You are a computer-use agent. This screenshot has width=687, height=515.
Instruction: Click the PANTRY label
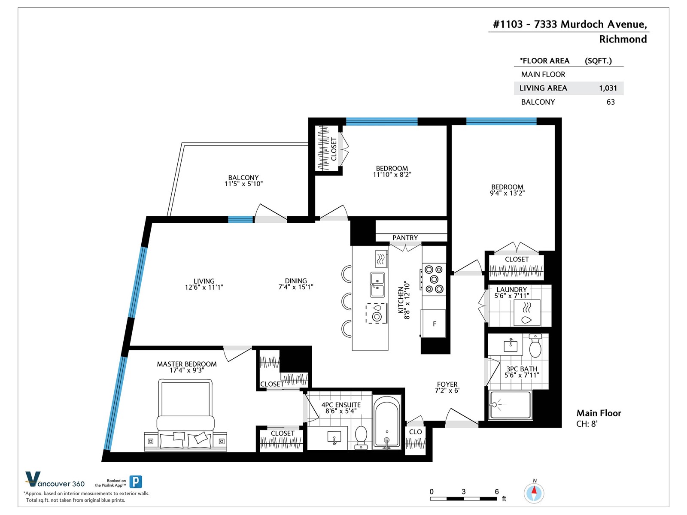tap(405, 238)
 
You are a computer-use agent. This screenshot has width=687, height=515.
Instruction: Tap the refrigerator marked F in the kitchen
tap(434, 324)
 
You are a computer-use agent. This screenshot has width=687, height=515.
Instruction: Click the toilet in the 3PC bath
tap(535, 346)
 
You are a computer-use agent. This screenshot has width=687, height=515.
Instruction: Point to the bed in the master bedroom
tap(185, 415)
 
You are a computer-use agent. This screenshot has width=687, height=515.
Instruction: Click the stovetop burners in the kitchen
tap(434, 279)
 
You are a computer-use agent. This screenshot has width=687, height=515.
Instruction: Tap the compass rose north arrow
tap(534, 493)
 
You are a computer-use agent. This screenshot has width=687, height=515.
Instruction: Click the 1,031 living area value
tap(608, 88)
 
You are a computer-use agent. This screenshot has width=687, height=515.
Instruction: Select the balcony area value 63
tap(611, 102)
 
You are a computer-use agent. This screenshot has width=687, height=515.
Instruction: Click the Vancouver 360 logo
tap(55, 479)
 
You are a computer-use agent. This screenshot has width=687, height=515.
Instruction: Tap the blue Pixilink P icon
tap(136, 482)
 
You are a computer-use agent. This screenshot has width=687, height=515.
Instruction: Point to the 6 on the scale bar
tap(497, 491)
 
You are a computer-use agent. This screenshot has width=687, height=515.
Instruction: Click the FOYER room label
tap(447, 384)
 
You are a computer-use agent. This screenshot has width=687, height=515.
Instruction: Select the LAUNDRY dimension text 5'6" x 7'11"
tap(512, 296)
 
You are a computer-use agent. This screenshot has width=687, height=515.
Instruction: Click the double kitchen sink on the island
tap(377, 285)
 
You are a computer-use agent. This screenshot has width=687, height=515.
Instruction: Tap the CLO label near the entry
tap(415, 432)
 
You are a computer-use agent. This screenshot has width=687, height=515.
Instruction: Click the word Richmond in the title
tap(623, 39)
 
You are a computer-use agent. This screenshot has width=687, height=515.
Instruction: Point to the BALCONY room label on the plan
tap(243, 178)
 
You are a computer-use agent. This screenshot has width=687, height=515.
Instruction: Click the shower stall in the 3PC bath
tap(511, 404)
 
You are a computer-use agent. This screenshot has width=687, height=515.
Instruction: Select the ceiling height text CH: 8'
tap(587, 424)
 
